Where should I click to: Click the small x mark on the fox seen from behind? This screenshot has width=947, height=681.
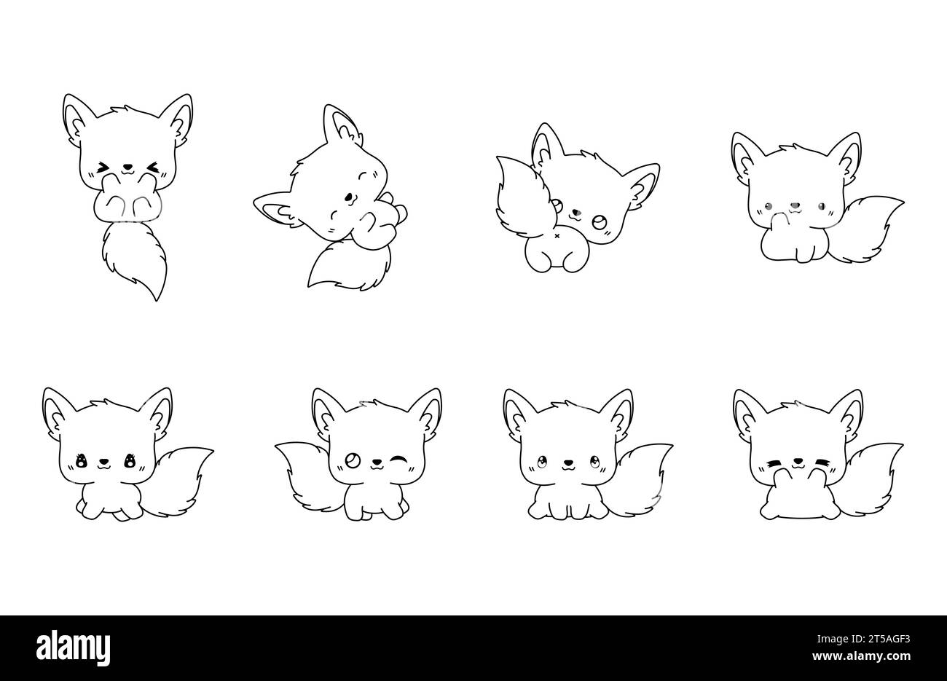pos(557,236)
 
